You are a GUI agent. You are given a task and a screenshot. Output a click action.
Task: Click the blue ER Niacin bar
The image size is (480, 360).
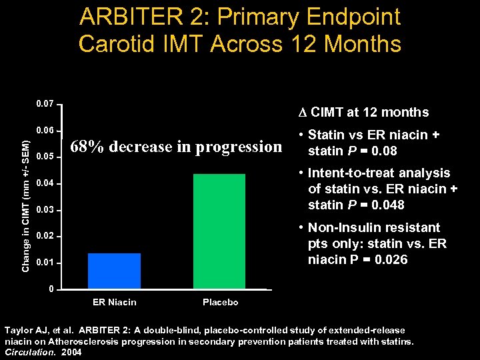coord(114,271)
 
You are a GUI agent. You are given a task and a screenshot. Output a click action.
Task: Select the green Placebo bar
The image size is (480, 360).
coord(219,231)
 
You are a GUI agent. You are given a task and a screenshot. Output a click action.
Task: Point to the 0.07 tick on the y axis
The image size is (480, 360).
coord(45,104)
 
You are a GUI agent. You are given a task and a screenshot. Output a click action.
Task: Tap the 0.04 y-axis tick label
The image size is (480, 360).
coord(45,183)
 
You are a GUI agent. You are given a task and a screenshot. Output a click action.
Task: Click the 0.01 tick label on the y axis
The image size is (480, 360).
coord(45,263)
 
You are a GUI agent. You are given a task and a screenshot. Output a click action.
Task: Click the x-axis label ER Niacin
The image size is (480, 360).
coord(114,303)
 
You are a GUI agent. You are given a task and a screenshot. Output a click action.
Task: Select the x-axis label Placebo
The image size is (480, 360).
coord(220,303)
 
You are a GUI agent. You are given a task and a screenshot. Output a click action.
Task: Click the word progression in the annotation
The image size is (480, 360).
coord(239,146)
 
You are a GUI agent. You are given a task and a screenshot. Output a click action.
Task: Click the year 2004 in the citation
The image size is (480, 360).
coord(71,353)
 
